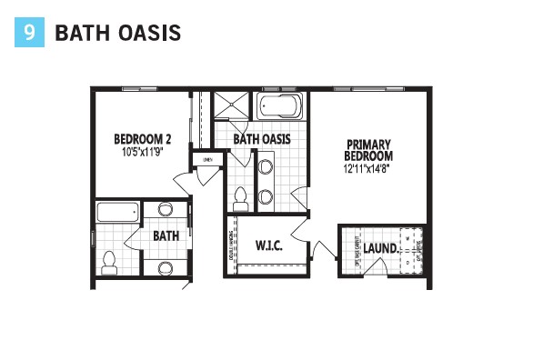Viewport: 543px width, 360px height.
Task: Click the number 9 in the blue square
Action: click(30, 33)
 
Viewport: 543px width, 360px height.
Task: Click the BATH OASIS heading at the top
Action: click(117, 34)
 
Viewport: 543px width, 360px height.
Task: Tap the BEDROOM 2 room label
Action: click(143, 139)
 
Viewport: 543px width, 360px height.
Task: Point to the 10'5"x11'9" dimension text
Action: click(143, 152)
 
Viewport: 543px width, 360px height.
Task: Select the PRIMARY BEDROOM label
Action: click(367, 150)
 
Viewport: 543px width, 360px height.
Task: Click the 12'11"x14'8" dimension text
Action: click(367, 168)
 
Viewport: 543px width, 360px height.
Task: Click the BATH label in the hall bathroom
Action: click(166, 236)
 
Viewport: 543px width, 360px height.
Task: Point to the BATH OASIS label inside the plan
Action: click(262, 139)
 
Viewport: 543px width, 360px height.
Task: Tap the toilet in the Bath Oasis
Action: click(241, 198)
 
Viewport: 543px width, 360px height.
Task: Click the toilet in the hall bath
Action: click(109, 263)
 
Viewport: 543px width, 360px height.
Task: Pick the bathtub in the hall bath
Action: click(118, 215)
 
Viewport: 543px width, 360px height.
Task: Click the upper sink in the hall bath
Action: click(166, 210)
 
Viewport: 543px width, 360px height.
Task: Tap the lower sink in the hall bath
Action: click(166, 267)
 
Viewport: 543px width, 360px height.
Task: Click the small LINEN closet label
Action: click(207, 161)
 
